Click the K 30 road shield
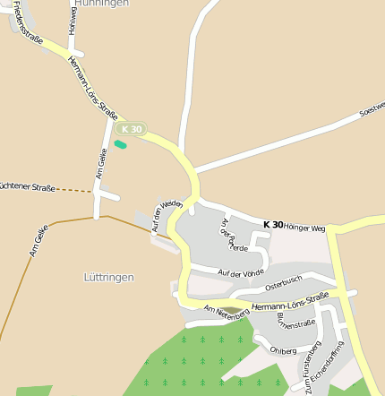[131, 129]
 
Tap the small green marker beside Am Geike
[120, 143]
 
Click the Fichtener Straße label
[27, 187]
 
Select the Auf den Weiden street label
[167, 216]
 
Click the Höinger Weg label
[304, 227]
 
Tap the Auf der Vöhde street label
[241, 271]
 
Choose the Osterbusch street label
[285, 284]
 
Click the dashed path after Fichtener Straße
[75, 189]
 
